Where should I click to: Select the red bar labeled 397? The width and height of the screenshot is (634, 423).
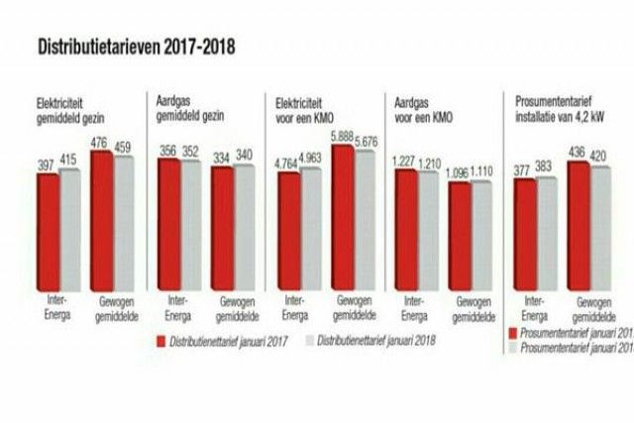[x=49, y=228]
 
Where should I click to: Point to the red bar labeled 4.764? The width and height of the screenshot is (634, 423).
[x=288, y=230]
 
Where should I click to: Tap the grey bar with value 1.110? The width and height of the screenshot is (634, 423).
[x=480, y=234]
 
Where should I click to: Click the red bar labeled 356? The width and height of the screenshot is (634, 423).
[x=167, y=223]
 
